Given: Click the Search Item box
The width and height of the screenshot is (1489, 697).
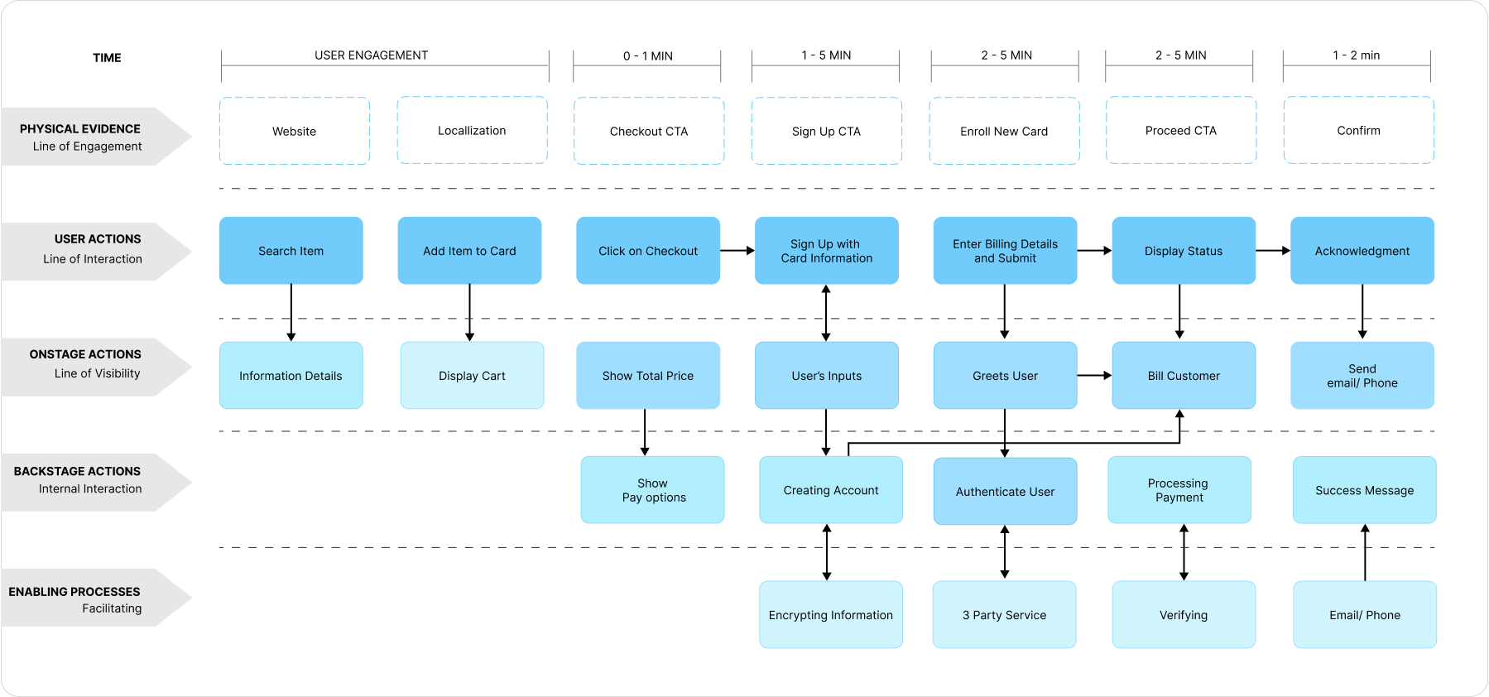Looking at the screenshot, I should click(291, 251).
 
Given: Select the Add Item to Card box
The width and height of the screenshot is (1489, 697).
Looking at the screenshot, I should click(469, 251).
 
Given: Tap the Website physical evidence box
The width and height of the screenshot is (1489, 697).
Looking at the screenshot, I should click(294, 131).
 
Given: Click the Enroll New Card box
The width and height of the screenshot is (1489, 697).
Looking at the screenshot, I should click(1004, 131).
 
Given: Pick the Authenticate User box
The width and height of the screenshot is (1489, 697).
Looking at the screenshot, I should click(1005, 491).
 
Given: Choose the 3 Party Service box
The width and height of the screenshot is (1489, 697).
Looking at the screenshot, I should click(1004, 614).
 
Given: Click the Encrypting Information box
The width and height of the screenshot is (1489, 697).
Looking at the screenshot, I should click(830, 614).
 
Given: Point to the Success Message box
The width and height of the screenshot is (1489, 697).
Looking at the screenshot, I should click(1364, 490).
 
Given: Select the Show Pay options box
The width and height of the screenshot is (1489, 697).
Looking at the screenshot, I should click(652, 490).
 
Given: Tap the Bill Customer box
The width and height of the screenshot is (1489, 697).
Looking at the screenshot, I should click(1184, 376).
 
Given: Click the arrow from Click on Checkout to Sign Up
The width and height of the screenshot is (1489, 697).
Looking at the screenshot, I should click(737, 250).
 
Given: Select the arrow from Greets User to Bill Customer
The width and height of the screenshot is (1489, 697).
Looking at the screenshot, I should click(1094, 375).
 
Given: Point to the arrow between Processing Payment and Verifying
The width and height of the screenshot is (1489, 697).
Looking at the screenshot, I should click(1184, 551).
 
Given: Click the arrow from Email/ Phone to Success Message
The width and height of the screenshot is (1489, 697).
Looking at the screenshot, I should click(1365, 551).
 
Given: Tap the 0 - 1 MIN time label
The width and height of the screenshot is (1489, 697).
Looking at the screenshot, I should click(647, 55).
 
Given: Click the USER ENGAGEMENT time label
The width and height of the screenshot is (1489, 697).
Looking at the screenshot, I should click(371, 55).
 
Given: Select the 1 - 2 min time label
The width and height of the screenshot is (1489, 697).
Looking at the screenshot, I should click(1356, 55).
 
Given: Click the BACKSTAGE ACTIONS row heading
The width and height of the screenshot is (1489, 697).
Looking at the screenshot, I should click(77, 471).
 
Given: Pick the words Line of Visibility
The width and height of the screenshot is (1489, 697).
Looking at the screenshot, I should click(97, 373).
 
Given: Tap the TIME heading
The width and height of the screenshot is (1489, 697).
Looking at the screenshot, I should click(107, 57).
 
